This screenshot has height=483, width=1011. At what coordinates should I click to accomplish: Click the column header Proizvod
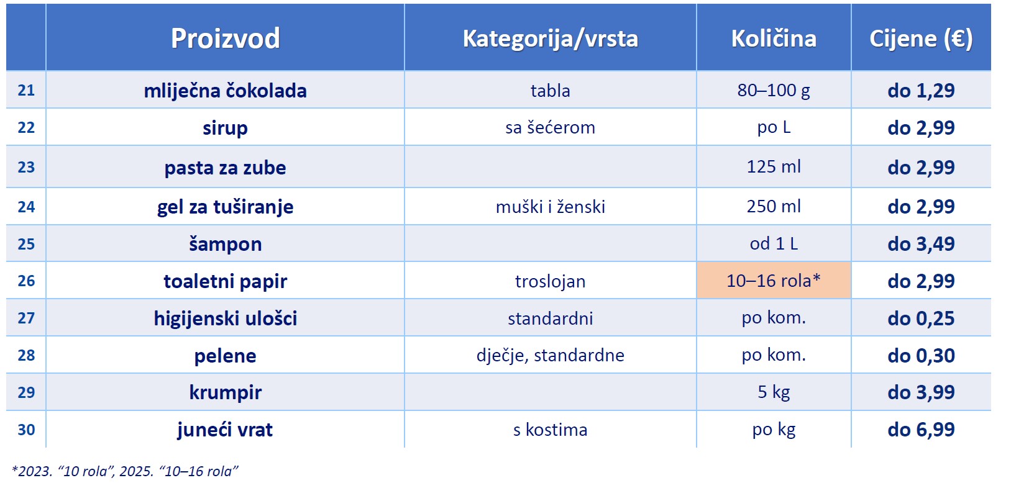[225, 38]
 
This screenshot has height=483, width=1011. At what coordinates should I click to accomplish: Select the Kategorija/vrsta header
[550, 38]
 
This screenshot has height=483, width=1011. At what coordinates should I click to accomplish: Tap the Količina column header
[774, 38]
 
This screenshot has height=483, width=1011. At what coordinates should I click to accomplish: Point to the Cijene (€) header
[921, 38]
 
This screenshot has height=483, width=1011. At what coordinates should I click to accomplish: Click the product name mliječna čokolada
[225, 91]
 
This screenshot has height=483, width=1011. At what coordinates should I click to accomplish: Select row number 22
[26, 128]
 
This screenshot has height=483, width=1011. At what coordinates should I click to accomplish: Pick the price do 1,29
[921, 91]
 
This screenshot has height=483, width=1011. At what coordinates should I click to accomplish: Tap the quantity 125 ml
[774, 167]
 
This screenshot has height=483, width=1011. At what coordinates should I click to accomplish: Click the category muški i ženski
[550, 207]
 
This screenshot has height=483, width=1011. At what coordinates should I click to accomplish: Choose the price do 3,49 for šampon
[921, 244]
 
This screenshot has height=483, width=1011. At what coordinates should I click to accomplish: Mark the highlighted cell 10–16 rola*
[774, 281]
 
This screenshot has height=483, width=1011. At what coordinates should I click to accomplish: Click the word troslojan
[550, 281]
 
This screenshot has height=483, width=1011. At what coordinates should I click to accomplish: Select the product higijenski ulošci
[225, 318]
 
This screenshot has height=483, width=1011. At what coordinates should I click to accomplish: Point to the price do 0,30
[921, 356]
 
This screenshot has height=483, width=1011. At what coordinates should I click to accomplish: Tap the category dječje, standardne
[550, 355]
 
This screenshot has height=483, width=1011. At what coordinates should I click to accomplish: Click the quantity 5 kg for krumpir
[774, 392]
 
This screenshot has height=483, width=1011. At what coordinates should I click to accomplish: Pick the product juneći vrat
[225, 430]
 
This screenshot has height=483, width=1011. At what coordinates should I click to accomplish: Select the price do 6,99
[921, 430]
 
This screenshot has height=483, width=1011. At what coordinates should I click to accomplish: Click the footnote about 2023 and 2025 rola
[124, 471]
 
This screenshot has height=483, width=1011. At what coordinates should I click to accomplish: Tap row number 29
[26, 392]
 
